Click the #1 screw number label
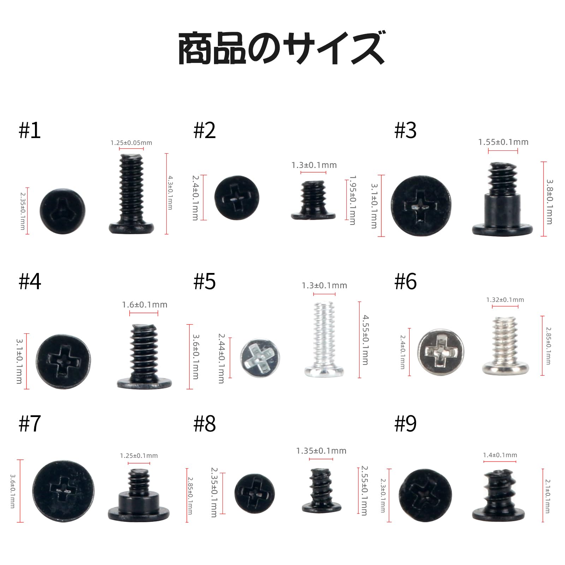coord(30,131)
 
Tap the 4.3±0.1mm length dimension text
coord(170,193)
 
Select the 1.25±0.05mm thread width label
coord(131,143)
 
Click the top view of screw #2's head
coord(237,198)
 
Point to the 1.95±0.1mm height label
coord(352,200)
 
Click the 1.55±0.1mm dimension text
coord(503,142)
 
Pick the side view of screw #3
coord(502,200)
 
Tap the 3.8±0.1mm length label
coord(549,202)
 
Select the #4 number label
coord(30,282)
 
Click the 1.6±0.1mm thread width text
coord(144,304)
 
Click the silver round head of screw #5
coord(260,358)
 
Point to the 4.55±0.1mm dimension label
coord(365,340)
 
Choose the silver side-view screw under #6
coord(506,346)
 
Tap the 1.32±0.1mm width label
coord(505,300)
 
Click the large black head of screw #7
coord(64,491)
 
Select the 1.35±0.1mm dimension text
coord(321,451)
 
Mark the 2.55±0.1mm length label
coord(364,490)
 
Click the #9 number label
coord(405,423)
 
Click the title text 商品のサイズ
coord(281,48)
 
